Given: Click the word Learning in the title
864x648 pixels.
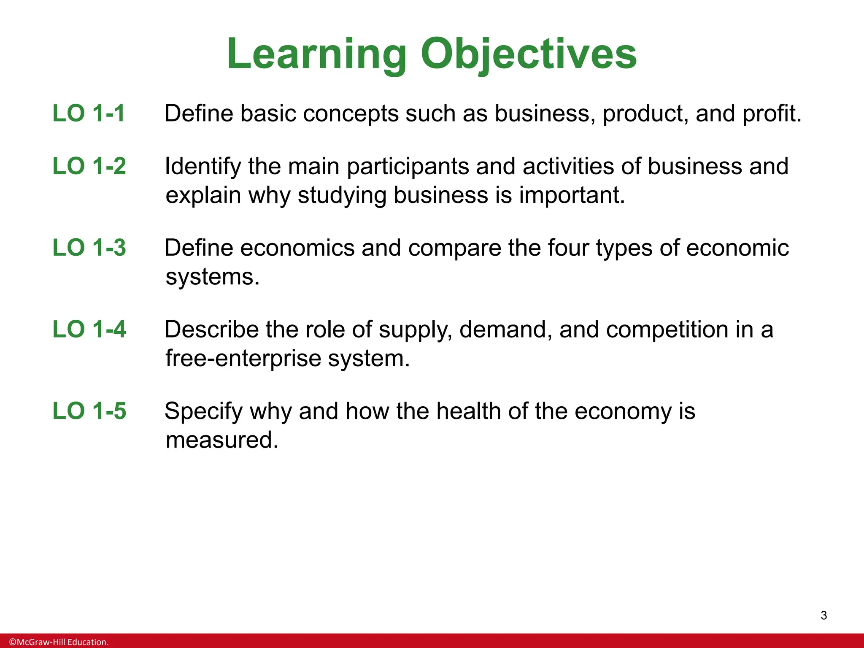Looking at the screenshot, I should [317, 55].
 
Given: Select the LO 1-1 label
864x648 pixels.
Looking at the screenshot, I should [89, 113].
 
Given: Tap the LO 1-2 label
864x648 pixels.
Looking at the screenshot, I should [89, 166].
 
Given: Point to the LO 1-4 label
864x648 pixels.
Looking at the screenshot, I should [89, 329].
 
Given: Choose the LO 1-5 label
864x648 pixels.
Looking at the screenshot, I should [89, 410].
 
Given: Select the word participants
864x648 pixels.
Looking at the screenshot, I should [408, 167].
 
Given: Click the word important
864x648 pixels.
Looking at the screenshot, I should [572, 196].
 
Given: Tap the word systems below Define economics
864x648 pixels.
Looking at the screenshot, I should [212, 278].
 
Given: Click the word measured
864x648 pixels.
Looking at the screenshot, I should [222, 440].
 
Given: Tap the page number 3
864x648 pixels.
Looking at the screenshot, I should [823, 616].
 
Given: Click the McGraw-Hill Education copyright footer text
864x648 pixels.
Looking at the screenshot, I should [59, 642].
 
